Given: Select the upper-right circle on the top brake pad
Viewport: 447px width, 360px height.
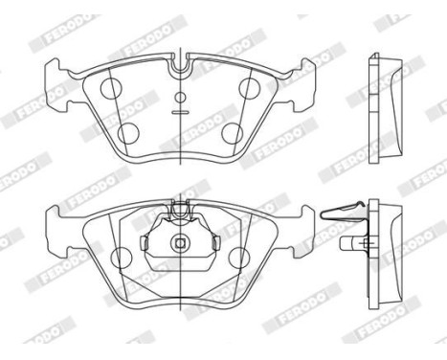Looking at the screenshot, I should click(x=250, y=87).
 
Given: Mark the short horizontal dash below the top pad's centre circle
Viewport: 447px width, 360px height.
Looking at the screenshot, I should click(x=180, y=113).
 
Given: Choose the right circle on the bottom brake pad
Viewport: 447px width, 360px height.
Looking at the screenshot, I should click(x=241, y=257).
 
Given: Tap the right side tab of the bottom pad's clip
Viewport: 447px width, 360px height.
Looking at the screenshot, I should click(x=208, y=247).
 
